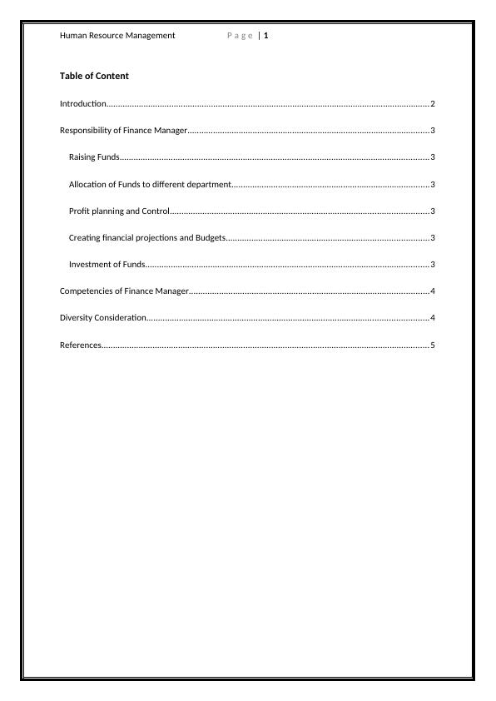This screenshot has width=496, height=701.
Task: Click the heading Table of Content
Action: [94, 76]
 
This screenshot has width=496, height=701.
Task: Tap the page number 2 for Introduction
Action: [433, 104]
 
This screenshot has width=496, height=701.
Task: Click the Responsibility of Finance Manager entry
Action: [124, 131]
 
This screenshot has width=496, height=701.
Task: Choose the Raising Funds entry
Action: [94, 157]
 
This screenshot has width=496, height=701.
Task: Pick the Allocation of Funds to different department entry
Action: [149, 184]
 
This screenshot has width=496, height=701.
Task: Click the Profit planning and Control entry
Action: [119, 211]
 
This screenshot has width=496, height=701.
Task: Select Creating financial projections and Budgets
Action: [147, 238]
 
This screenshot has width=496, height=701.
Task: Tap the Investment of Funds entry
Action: [107, 265]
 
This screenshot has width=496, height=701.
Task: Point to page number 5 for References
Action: [433, 345]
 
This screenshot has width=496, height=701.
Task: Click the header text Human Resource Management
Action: [117, 36]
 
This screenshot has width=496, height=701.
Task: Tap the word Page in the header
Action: [240, 36]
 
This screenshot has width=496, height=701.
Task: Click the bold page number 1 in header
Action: [266, 36]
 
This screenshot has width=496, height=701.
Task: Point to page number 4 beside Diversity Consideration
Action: [433, 318]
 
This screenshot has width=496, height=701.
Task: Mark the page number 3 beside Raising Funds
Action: [433, 157]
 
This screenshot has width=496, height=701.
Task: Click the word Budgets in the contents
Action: [210, 238]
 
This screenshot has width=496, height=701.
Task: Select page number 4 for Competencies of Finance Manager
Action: [433, 291]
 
